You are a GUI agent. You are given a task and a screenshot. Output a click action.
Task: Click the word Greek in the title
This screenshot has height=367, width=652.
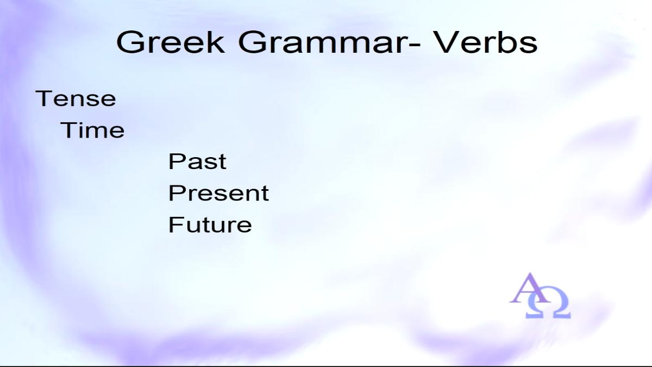coord(171,42)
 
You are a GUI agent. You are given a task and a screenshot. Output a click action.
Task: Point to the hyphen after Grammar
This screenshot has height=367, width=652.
coord(413,45)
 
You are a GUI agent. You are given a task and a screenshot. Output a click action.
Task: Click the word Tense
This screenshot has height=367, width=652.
coord(76,98)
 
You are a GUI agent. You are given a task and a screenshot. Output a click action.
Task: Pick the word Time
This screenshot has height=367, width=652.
coord(92,130)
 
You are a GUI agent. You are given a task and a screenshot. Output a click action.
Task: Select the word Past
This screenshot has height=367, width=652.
coord(197,161)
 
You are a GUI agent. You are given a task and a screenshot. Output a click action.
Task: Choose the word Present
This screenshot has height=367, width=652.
coord(218,193)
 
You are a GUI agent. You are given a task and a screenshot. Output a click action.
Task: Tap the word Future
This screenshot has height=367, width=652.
coord(210,224)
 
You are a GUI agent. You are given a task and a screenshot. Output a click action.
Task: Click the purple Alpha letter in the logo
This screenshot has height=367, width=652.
coord(530,288)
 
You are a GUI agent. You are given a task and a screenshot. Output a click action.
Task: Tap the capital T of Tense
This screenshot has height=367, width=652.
coord(43,98)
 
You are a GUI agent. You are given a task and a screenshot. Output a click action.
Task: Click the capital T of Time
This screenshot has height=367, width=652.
coord(68,130)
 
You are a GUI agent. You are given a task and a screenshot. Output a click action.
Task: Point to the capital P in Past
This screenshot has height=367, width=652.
coord(176,161)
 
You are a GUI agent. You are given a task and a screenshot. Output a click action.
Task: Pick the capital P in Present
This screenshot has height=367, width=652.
coord(176,193)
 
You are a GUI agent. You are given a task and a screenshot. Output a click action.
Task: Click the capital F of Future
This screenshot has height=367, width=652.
coord(175,224)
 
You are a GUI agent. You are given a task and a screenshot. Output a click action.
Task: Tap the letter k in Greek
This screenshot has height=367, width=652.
coord(216,42)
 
